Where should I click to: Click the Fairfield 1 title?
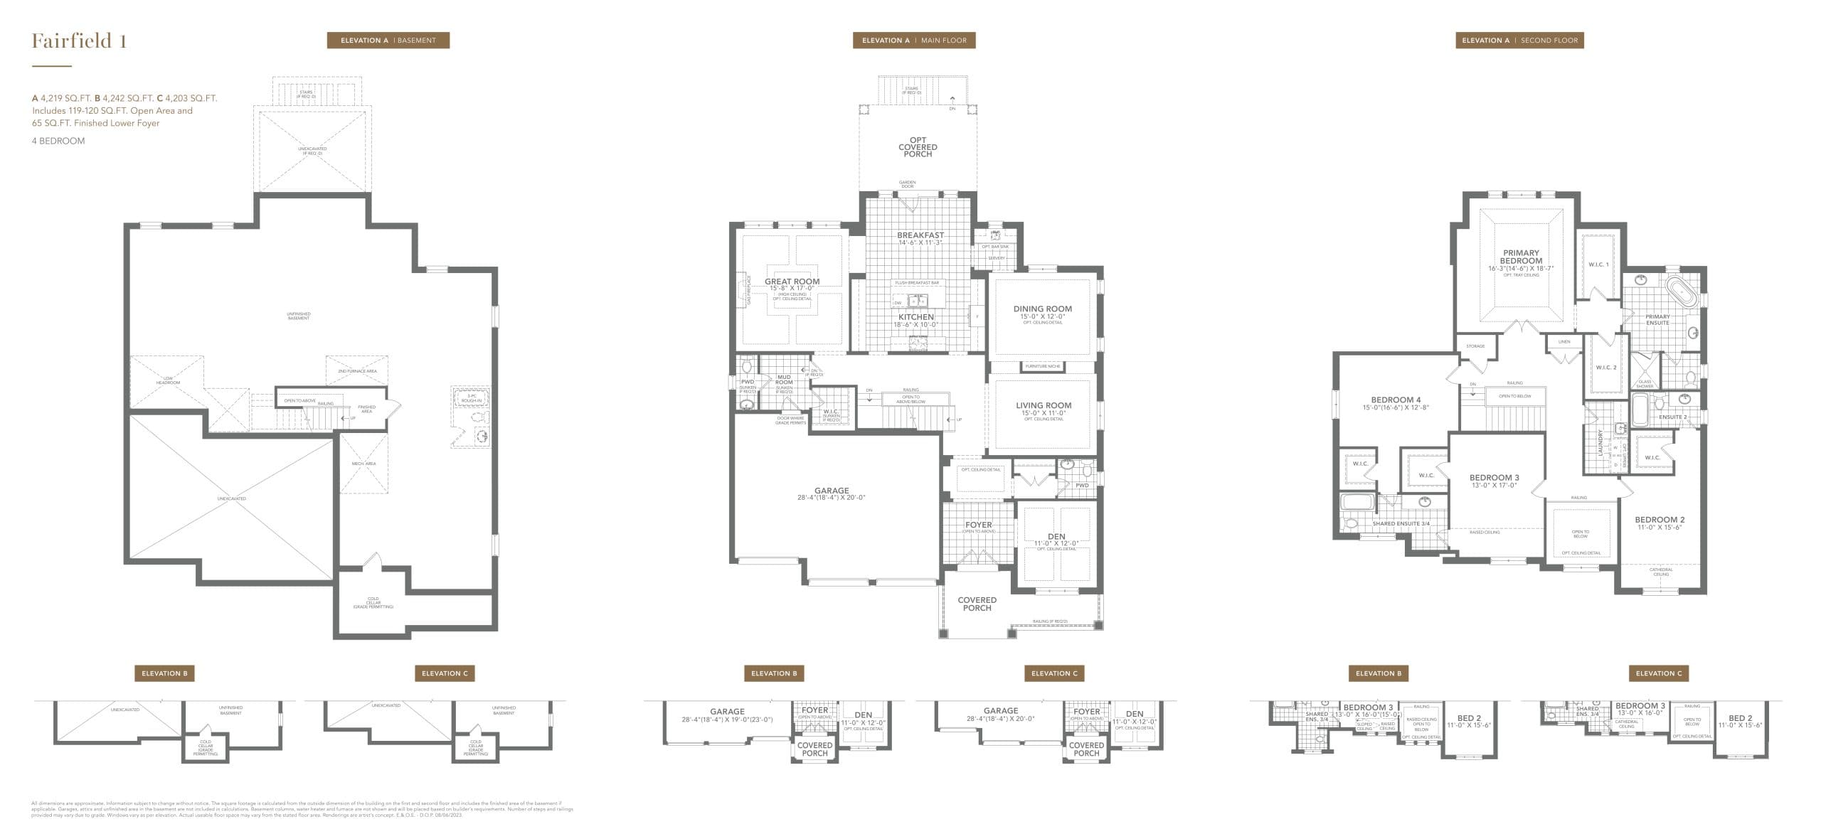point(79,41)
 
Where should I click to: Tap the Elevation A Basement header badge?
point(388,41)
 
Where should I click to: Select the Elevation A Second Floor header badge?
point(1519,41)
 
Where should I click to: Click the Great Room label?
point(792,282)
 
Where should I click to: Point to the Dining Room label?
point(1042,309)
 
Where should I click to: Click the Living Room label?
point(1043,406)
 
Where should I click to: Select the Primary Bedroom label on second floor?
point(1521,257)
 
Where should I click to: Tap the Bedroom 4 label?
point(1396,400)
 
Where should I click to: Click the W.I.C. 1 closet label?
point(1598,264)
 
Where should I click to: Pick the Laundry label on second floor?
point(1600,442)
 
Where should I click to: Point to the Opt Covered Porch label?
point(918,147)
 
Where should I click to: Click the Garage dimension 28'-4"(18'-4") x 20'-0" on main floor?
point(831,498)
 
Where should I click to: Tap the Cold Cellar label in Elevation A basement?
point(373,602)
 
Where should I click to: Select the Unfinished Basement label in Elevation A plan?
point(299,316)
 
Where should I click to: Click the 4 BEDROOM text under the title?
point(58,141)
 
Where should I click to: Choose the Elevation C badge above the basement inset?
point(445,673)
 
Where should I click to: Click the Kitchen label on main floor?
point(915,317)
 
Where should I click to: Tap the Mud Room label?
point(784,380)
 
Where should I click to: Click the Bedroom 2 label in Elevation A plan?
point(1660,520)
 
